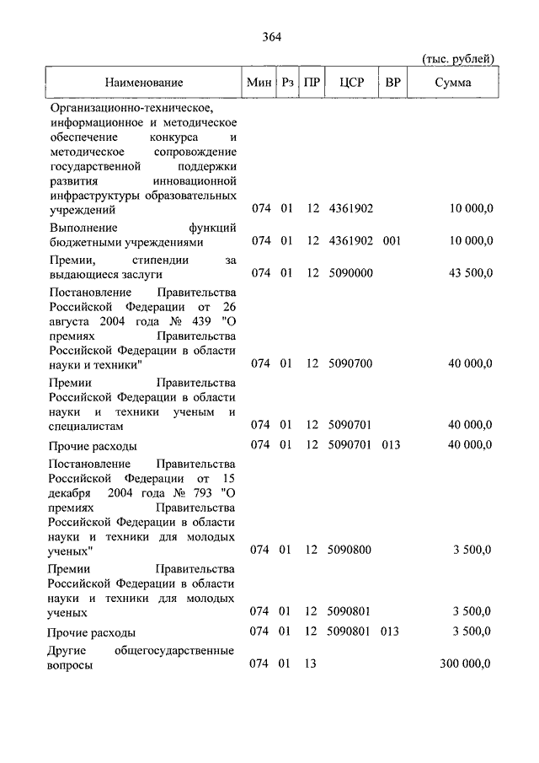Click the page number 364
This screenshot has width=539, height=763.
click(271, 36)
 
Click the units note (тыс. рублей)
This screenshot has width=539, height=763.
click(457, 57)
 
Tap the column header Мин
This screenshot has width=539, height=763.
click(259, 83)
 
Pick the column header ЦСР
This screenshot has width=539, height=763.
click(351, 83)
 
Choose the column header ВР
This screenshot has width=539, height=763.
click(392, 83)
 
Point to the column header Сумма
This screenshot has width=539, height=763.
click(453, 83)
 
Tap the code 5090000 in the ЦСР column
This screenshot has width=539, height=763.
click(352, 274)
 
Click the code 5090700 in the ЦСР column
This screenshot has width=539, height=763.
click(352, 363)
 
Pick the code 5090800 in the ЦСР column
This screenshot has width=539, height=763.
click(352, 551)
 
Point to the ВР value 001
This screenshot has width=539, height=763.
click(391, 241)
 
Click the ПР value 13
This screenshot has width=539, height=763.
click(310, 664)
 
